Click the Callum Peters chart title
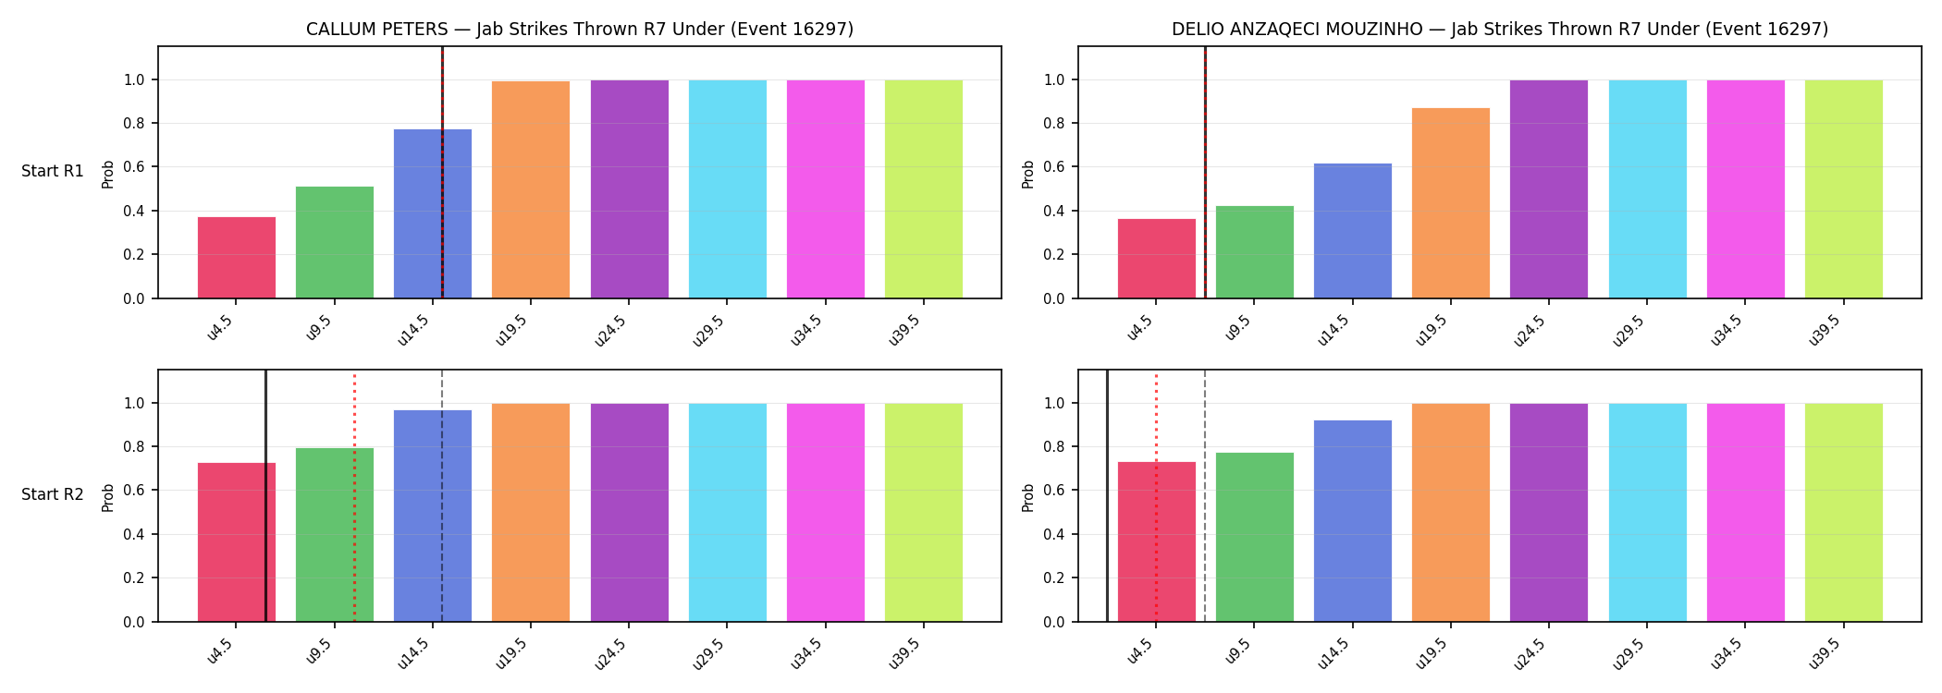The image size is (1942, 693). [580, 30]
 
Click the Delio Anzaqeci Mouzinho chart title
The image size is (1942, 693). [1500, 30]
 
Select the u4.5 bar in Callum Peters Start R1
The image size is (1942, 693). [237, 258]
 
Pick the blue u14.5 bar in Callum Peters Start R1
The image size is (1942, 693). [433, 213]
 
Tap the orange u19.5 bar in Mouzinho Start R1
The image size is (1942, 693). [1451, 203]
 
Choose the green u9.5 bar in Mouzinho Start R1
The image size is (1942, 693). [1255, 252]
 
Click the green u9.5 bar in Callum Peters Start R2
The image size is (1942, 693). [335, 535]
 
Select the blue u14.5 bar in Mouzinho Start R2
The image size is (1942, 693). [1353, 521]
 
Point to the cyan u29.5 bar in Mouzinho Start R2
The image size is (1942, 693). [1648, 513]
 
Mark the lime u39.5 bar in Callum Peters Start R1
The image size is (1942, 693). [924, 189]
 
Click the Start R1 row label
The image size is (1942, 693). [53, 172]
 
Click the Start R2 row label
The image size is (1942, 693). [53, 495]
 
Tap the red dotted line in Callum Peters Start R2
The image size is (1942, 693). [354, 498]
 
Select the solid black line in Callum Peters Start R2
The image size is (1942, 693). [266, 495]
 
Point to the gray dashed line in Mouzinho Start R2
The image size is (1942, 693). [1205, 495]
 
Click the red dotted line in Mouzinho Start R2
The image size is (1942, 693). [1156, 498]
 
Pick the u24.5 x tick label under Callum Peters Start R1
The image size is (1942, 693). [611, 330]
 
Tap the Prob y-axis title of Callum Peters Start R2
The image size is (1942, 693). [108, 498]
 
